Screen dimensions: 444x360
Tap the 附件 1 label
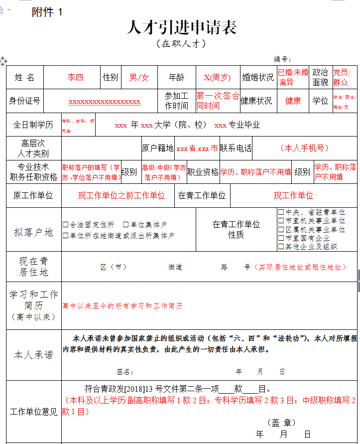[x=47, y=12]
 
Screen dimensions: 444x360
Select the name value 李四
[x=75, y=77]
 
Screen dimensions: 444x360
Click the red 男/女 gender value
[x=139, y=77]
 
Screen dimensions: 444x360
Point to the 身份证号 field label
[x=24, y=101]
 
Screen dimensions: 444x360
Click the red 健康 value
[x=293, y=101]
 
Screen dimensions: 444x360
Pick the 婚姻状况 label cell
[x=258, y=77]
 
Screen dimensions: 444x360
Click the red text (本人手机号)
[x=304, y=148]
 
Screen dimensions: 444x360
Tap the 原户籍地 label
[x=158, y=148]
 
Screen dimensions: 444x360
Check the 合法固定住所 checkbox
[x=66, y=225]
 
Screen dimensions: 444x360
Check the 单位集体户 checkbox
[x=126, y=225]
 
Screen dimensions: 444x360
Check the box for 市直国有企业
[x=281, y=238]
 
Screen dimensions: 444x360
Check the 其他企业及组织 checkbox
[x=281, y=246]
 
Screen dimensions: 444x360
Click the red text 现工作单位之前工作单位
[x=121, y=195]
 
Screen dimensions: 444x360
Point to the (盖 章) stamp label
[x=281, y=423]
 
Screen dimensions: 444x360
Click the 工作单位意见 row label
[x=33, y=412]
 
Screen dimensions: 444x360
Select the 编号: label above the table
[x=282, y=59]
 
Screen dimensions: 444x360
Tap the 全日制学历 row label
[x=33, y=125]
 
